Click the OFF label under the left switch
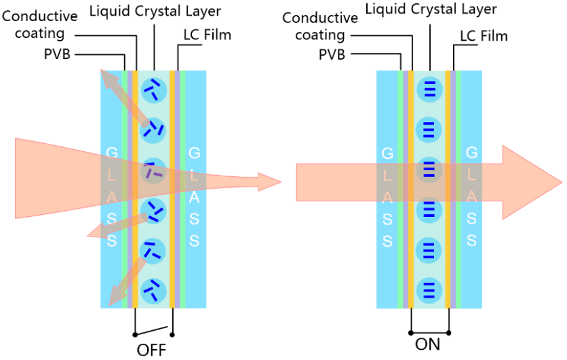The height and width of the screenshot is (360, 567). pyautogui.click(x=151, y=350)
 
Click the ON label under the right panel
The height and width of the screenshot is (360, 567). pyautogui.click(x=427, y=344)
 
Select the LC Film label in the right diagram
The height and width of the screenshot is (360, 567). pyautogui.click(x=484, y=36)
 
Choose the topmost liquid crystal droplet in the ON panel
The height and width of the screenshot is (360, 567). pyautogui.click(x=429, y=89)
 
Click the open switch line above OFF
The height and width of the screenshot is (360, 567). pyautogui.click(x=153, y=331)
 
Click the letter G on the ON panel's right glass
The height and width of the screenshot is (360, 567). pyautogui.click(x=472, y=153)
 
